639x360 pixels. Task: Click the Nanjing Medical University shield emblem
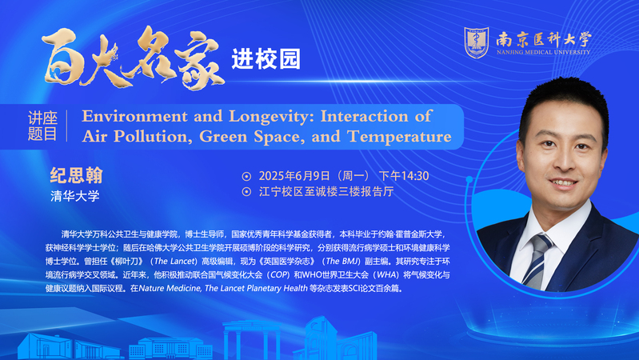[x=477, y=42]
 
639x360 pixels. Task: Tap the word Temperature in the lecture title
[x=399, y=136]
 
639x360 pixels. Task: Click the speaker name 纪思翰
[x=76, y=175]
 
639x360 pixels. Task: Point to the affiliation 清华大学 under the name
[x=75, y=196]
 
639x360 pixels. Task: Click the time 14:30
[x=415, y=176]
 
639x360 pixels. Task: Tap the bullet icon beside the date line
[x=246, y=177]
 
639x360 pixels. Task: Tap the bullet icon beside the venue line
[x=246, y=192]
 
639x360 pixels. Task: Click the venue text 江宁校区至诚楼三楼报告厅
[x=326, y=192]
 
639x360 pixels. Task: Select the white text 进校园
[x=266, y=59]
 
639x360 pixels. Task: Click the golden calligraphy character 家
[x=200, y=59]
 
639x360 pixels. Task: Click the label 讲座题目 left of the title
[x=42, y=126]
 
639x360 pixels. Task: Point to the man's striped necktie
[x=537, y=261]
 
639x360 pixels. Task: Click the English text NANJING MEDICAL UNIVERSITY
[x=543, y=52]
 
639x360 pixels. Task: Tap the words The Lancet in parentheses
[x=176, y=262]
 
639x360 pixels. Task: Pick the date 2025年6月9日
[x=294, y=176]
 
